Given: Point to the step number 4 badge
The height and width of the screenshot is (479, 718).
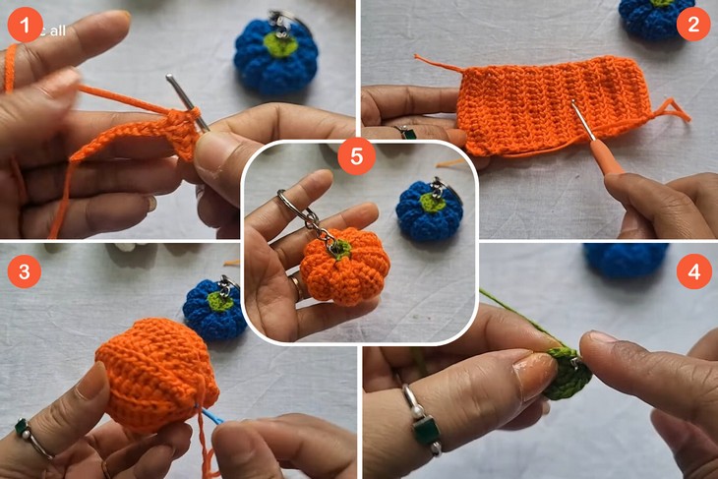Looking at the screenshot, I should click(x=693, y=271).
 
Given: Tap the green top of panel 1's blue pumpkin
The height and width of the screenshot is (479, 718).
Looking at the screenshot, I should click(x=280, y=45).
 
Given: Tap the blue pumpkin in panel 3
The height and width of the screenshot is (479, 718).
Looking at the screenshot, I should click(x=214, y=309).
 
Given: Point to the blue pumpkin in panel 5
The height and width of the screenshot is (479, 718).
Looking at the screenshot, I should click(x=429, y=211).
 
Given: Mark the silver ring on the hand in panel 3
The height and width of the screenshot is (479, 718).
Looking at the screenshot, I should click(x=32, y=438).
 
